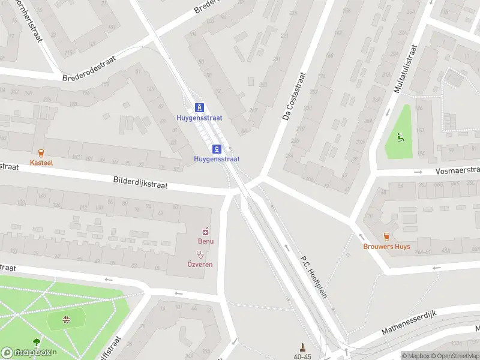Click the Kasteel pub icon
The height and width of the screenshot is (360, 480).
[x=41, y=153]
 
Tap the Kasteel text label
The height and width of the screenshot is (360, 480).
[x=41, y=163]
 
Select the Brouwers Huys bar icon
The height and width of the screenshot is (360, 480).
[x=386, y=236]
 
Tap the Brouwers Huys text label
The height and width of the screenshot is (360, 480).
[x=386, y=247]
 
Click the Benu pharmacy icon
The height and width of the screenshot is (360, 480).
[x=206, y=231]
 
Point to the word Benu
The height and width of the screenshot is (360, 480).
[x=206, y=241]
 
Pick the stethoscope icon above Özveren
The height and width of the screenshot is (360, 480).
[x=200, y=254]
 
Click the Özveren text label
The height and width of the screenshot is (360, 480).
[x=200, y=265]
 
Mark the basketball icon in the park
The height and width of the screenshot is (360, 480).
[x=66, y=320]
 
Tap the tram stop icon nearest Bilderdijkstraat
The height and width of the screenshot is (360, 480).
[x=217, y=149]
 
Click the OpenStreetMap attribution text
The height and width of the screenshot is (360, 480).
[x=456, y=356]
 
